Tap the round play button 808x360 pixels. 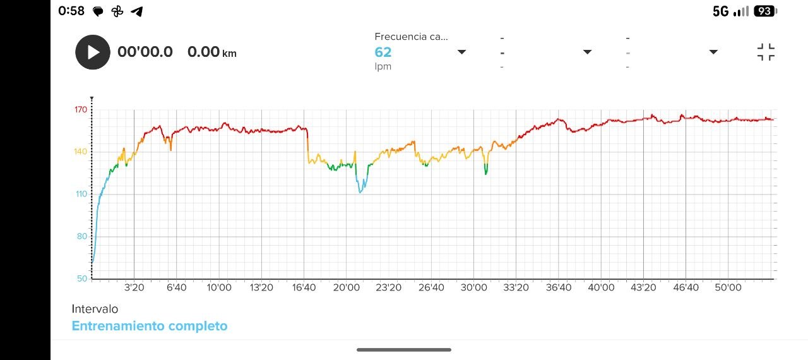click(x=93, y=52)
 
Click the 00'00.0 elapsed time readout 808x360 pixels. click(x=145, y=52)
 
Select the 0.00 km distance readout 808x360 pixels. click(x=211, y=52)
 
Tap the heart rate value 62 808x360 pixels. click(x=383, y=52)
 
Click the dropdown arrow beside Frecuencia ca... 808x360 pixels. click(x=461, y=52)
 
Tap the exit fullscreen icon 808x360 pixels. click(x=766, y=52)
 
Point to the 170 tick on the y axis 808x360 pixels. click(x=80, y=110)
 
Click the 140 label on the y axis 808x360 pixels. click(x=80, y=152)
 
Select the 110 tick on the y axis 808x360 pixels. click(x=80, y=194)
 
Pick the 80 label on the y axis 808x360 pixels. click(x=81, y=236)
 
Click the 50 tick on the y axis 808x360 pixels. click(x=81, y=279)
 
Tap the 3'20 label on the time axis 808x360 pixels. click(x=134, y=287)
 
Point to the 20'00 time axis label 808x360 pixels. click(x=346, y=287)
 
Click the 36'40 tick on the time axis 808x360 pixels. click(x=559, y=287)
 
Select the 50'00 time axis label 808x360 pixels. click(x=728, y=287)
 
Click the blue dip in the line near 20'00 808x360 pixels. click(x=360, y=189)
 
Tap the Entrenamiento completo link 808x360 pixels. click(x=150, y=326)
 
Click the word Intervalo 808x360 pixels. click(x=95, y=309)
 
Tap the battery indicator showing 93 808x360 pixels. click(x=764, y=11)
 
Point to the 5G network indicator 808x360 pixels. click(x=720, y=11)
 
